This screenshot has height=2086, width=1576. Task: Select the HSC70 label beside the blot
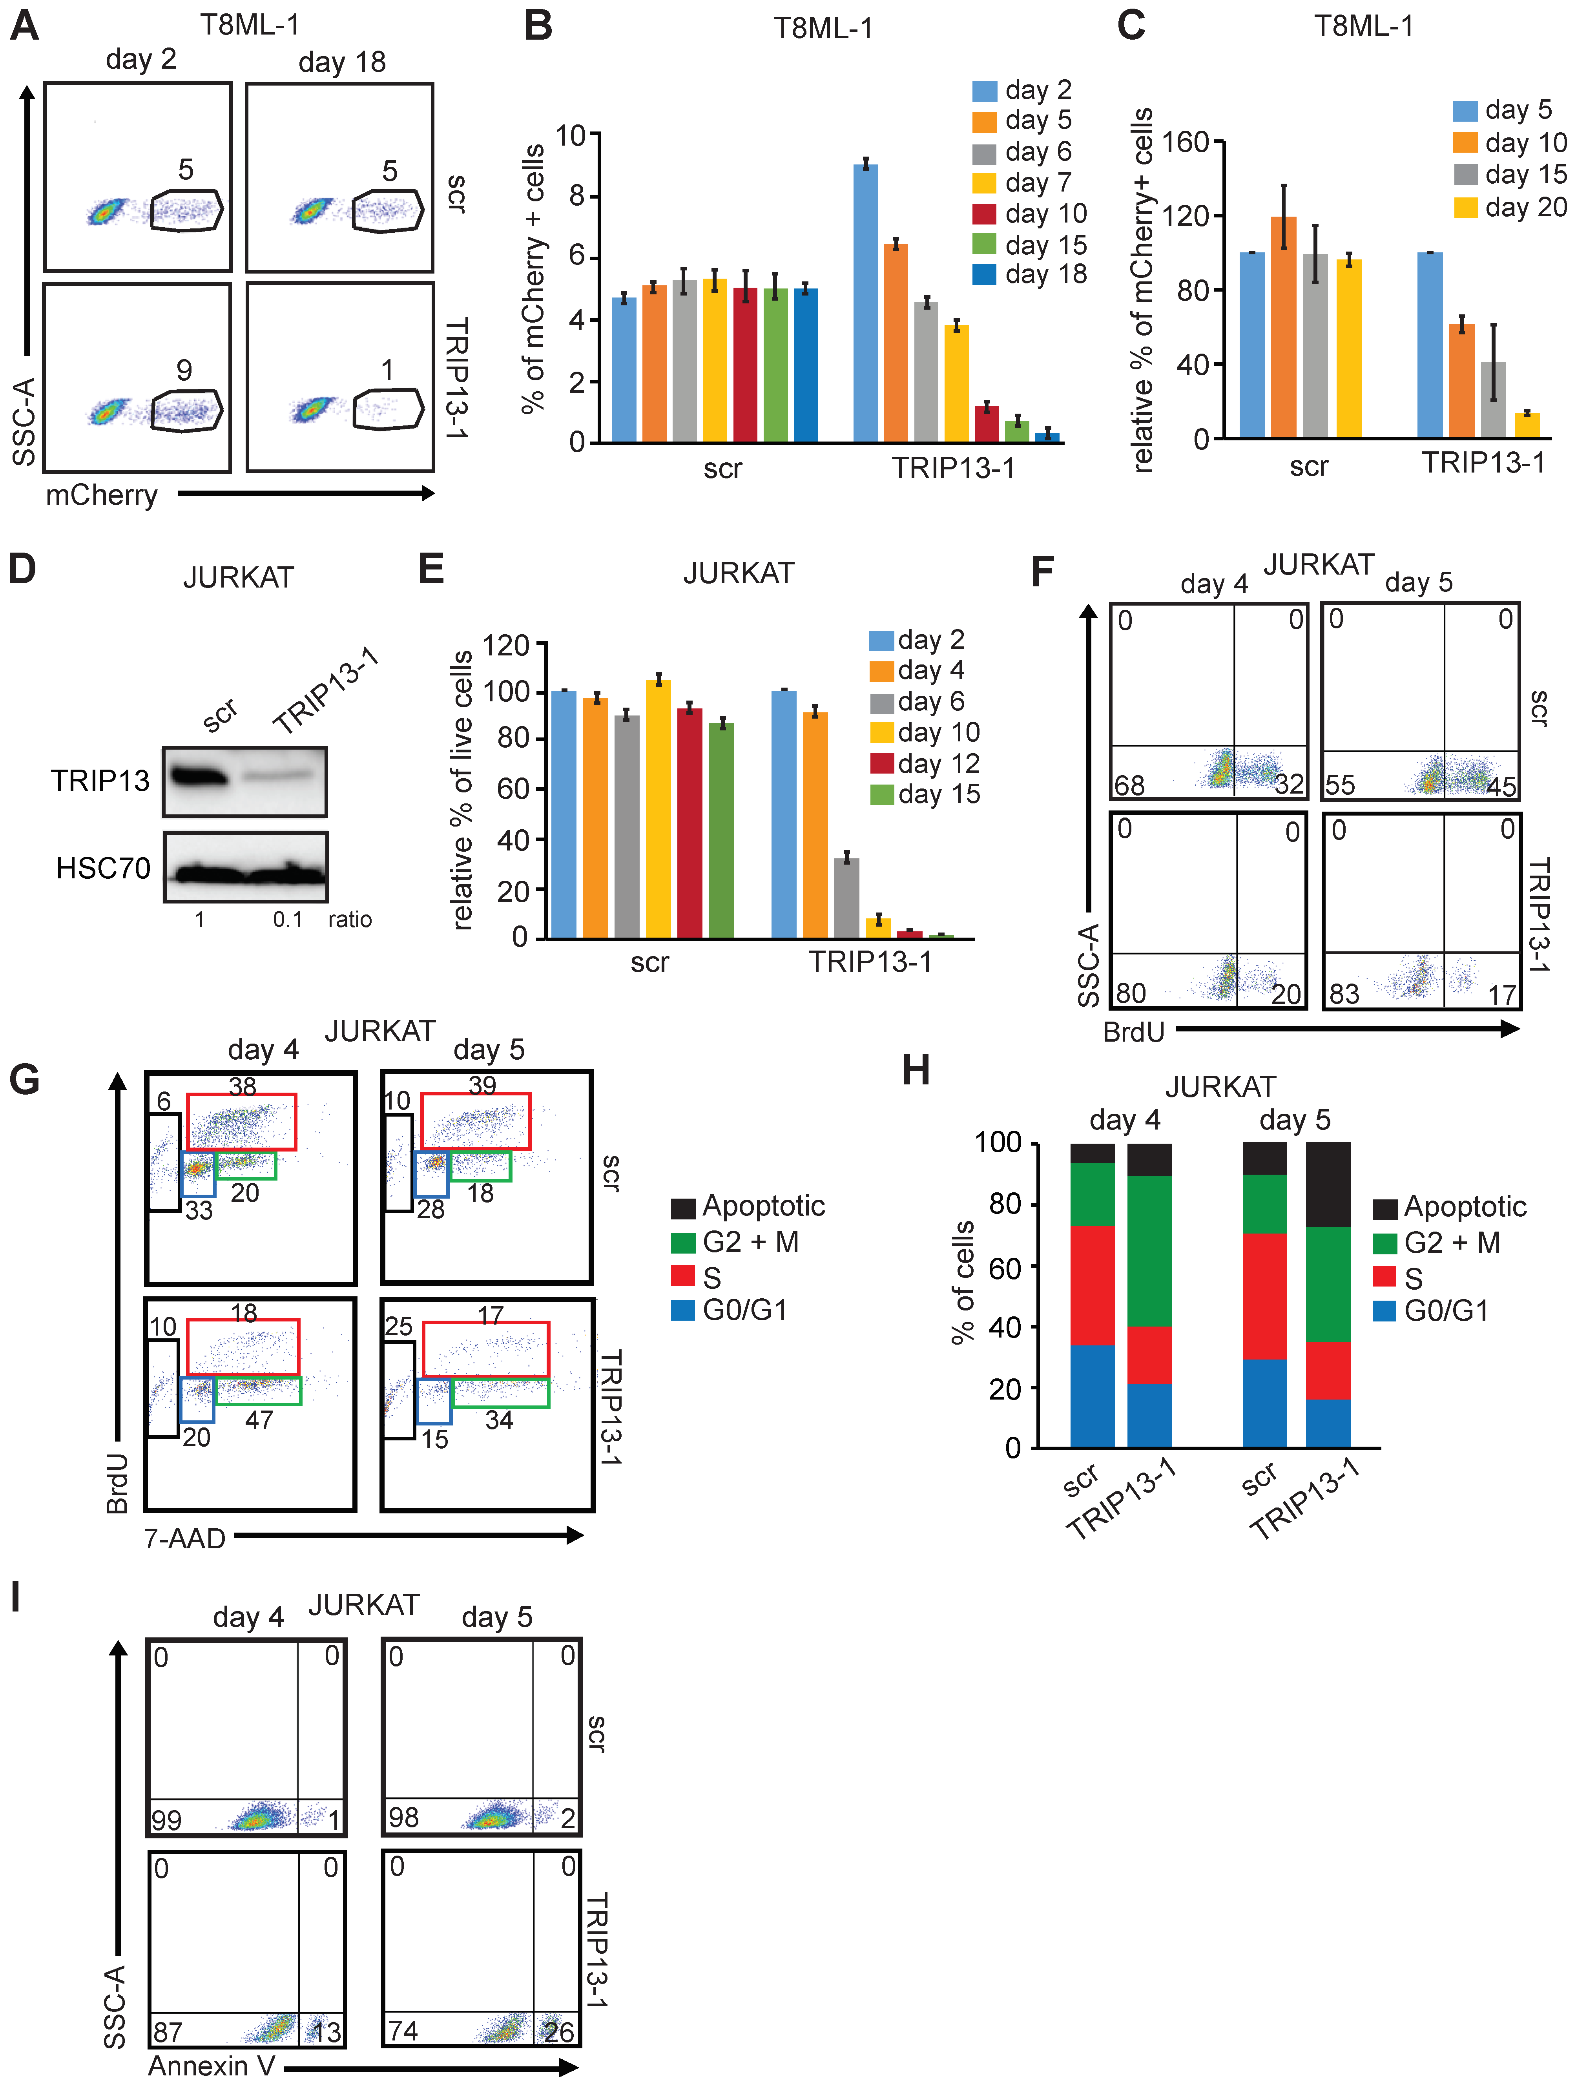[103, 868]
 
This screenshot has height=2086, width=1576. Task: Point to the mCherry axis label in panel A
[102, 495]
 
